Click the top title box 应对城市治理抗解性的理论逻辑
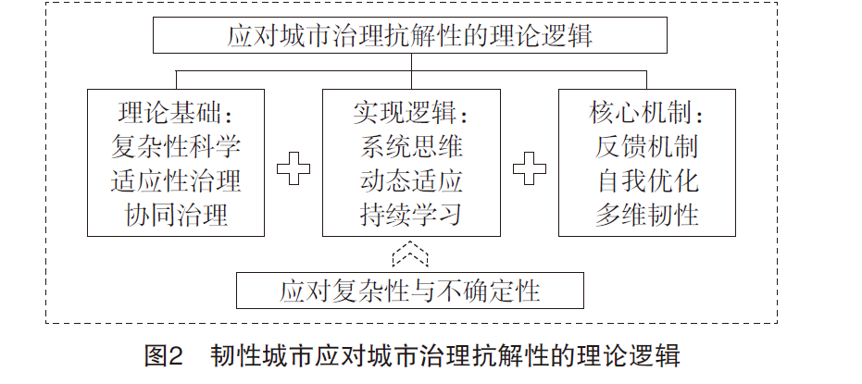[409, 35]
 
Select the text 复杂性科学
[176, 147]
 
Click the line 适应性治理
[176, 180]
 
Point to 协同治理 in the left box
[176, 215]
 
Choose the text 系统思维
[412, 147]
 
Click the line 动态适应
[412, 180]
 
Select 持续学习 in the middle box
[412, 215]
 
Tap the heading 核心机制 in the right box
[640, 114]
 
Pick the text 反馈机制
[647, 147]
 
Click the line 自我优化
[647, 180]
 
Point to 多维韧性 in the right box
[647, 215]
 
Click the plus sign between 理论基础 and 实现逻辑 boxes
[293, 167]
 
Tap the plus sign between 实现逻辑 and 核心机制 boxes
[530, 167]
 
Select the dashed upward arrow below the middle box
[410, 254]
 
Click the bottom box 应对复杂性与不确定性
[409, 290]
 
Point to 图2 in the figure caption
[163, 355]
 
